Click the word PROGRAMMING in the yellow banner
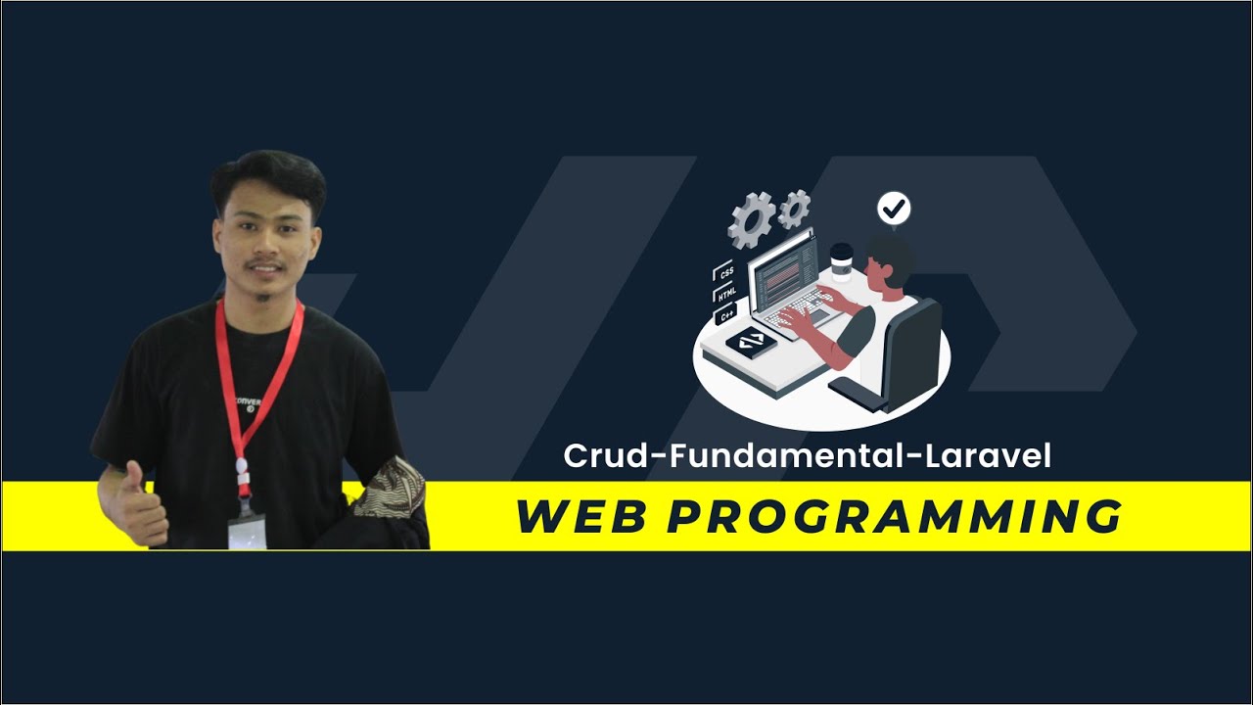tap(895, 517)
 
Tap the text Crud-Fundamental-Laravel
tap(807, 456)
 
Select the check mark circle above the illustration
tap(894, 209)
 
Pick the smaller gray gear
tap(794, 207)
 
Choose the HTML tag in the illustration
tap(726, 295)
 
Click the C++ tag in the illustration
tap(726, 316)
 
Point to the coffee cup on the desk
tap(841, 262)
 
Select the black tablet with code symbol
tap(751, 341)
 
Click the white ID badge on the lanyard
tap(247, 531)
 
